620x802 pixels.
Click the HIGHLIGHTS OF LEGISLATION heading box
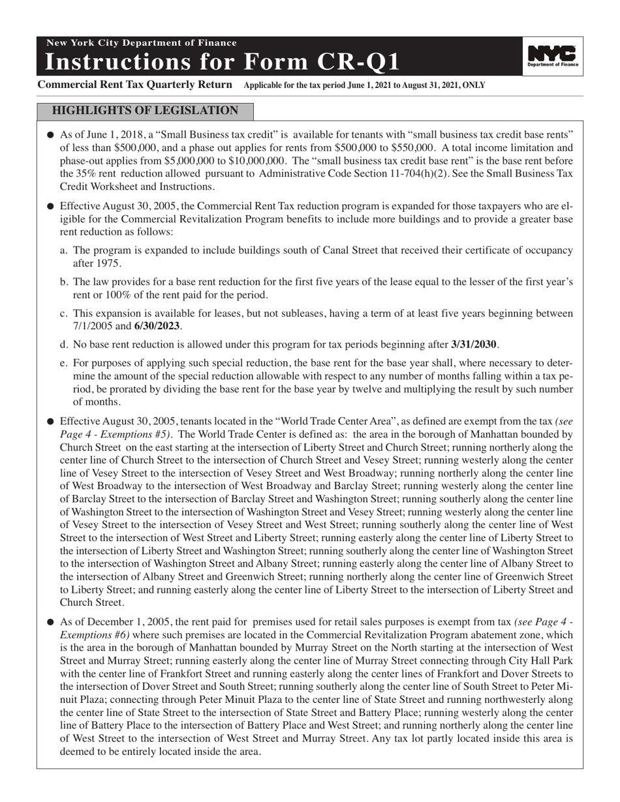(x=145, y=111)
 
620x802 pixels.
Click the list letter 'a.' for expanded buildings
(x=64, y=250)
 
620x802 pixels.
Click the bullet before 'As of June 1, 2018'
(x=50, y=135)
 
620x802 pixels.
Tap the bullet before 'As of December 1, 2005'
(x=50, y=623)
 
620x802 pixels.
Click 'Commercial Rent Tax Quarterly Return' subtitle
(x=135, y=85)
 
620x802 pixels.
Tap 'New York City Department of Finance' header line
(x=141, y=43)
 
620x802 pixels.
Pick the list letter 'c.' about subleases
(x=64, y=314)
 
